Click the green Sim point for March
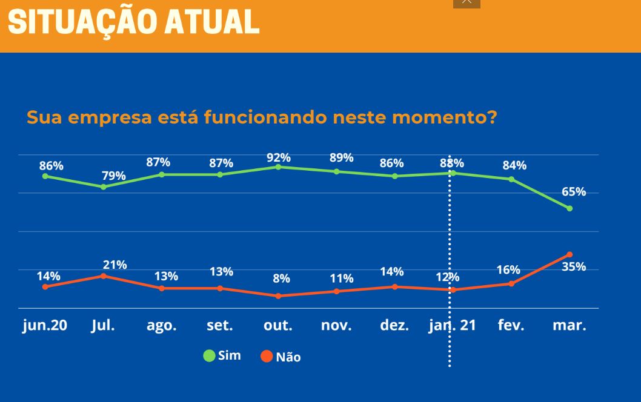coord(570,208)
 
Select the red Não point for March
coord(570,254)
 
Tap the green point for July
coord(104,186)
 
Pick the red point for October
coord(279,296)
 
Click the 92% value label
coord(279,157)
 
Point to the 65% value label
coord(574,191)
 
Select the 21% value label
coord(115,265)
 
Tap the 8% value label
coord(281,278)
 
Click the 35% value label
coord(574,267)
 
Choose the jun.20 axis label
coord(45,325)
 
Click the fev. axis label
coord(511,325)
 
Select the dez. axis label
coord(394,325)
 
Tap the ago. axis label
coord(162,326)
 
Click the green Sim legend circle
coord(209,356)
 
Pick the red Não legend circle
coord(267,356)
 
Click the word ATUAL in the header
coord(212,22)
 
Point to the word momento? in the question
coord(444,117)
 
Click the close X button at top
coord(467,2)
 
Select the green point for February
coord(511,179)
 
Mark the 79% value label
coord(114,176)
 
